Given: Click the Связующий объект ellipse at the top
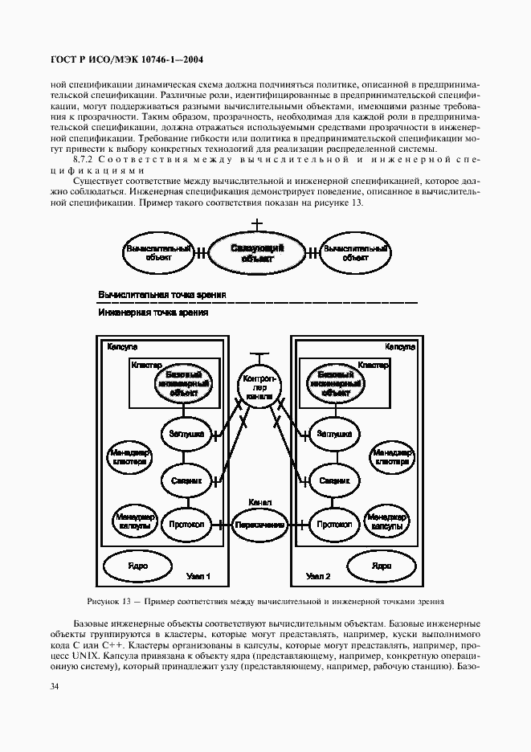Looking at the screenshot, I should coord(257,254).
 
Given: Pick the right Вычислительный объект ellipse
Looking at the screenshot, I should coord(356,253).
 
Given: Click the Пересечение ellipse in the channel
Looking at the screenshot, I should coord(260,525).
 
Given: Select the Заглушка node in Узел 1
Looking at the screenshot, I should coord(185,434).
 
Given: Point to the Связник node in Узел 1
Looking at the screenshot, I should coord(185,480).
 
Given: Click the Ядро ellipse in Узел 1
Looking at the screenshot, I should coord(137,566).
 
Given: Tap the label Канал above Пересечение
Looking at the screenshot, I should coord(260,502).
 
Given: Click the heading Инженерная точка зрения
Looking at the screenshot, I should coord(153,313).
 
